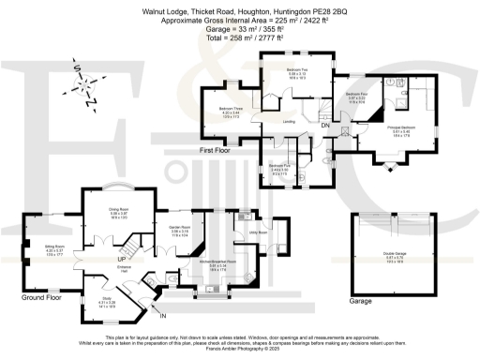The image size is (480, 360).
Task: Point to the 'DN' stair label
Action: point(324,126)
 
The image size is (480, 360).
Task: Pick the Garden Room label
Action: point(180,230)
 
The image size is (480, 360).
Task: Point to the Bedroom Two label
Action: point(299,70)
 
